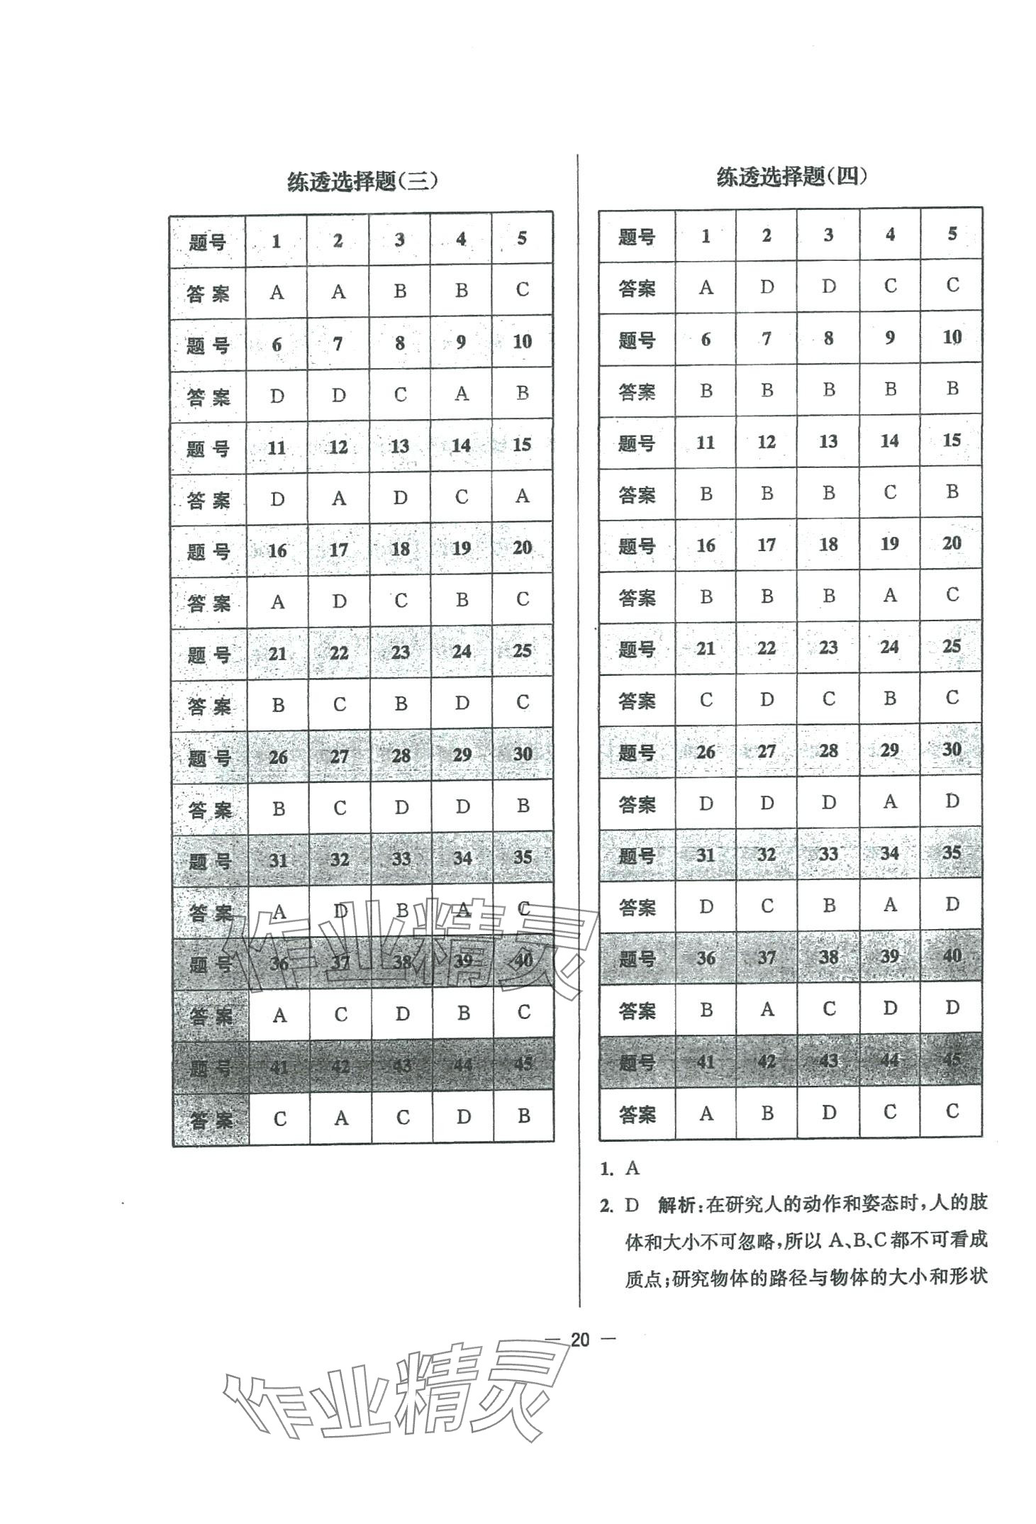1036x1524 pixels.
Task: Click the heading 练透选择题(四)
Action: point(791,177)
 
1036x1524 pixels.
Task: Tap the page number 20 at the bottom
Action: point(579,1340)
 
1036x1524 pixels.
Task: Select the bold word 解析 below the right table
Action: point(678,1204)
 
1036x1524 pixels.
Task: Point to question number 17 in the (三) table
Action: point(339,550)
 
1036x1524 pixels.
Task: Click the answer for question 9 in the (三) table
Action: point(462,393)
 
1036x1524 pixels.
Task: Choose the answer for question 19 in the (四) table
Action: point(890,596)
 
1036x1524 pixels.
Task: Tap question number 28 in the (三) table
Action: point(401,755)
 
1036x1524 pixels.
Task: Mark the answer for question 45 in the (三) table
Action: point(523,1116)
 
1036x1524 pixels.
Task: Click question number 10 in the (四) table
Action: point(952,338)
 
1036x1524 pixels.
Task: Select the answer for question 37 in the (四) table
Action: point(767,1009)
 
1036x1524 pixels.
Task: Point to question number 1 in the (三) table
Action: point(277,241)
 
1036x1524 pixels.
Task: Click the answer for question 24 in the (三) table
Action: point(462,703)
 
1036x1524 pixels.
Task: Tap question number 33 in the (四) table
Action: point(828,855)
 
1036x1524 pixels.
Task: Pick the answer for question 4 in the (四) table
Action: point(890,287)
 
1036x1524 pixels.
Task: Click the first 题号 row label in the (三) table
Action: point(208,242)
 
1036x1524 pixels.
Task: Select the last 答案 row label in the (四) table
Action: point(637,1115)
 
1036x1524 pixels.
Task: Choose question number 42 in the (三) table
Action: point(340,1065)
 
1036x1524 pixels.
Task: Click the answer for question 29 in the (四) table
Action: point(890,802)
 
